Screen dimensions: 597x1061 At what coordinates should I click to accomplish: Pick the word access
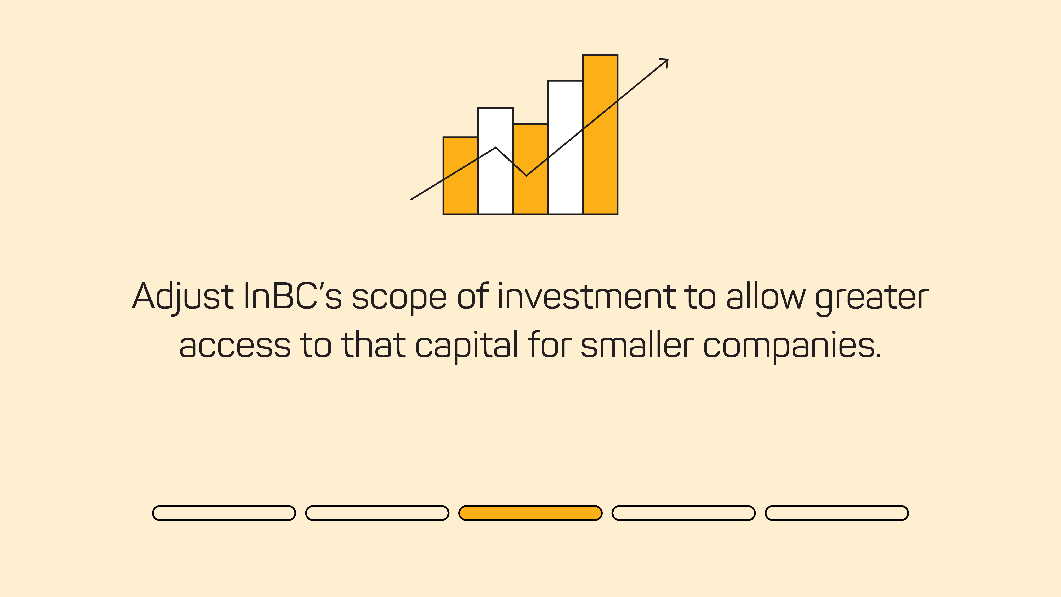tap(235, 345)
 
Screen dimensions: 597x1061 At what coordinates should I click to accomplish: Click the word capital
tap(467, 345)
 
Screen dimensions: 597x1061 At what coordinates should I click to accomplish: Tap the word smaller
tap(637, 345)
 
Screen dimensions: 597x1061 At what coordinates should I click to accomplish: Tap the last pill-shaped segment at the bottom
tap(837, 513)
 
